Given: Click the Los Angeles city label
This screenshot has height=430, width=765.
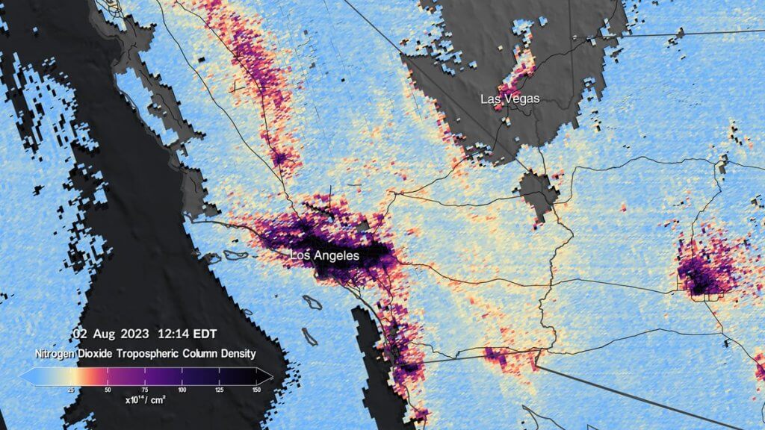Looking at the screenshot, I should [x=325, y=256].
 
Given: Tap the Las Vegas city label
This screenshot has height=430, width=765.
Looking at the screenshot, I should [x=510, y=99].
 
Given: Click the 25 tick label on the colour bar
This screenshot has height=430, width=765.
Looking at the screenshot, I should [x=70, y=390].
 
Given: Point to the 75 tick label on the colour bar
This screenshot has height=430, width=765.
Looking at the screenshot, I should [x=144, y=390].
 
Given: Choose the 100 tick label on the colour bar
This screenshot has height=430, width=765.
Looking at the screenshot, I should [x=182, y=390].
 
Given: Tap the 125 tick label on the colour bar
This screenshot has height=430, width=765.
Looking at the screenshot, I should [x=219, y=390].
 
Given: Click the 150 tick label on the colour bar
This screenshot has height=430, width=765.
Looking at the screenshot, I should [x=256, y=390].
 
